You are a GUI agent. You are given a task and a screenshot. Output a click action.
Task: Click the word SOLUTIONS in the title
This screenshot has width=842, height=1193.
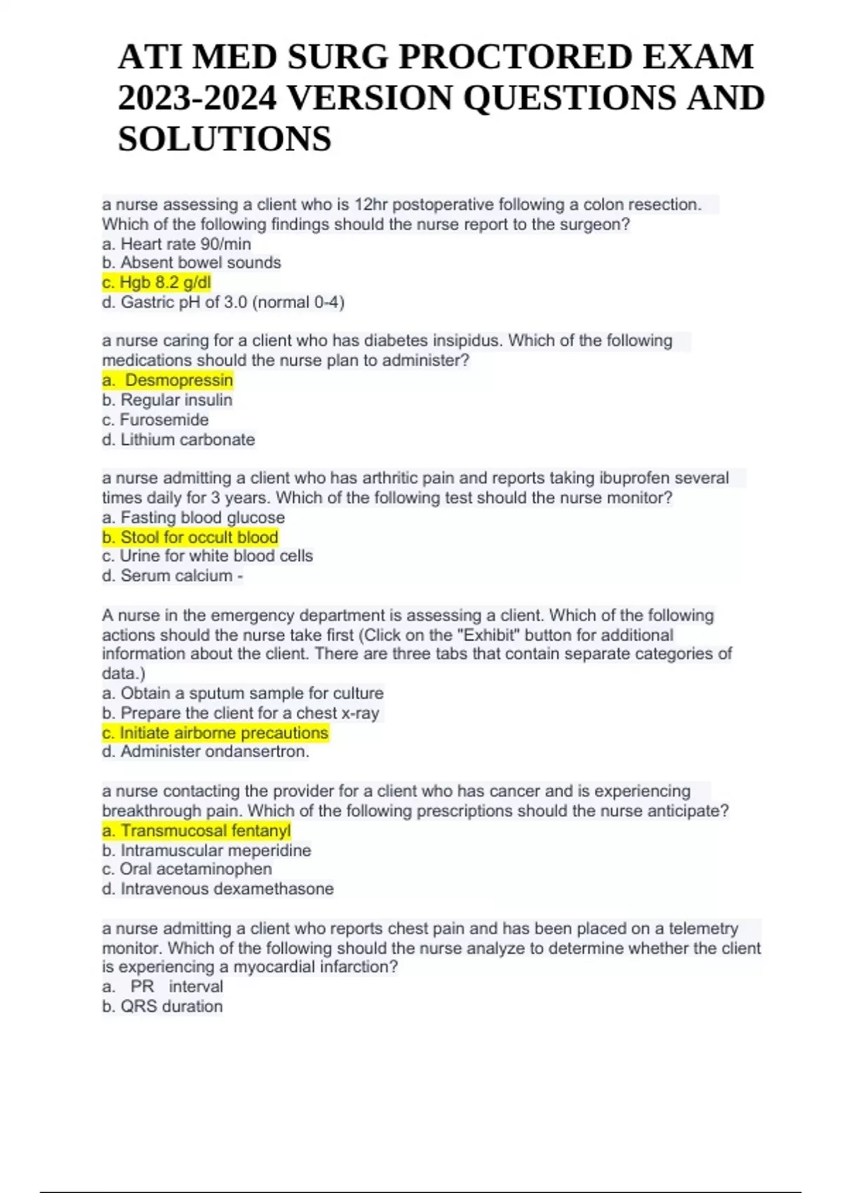225,138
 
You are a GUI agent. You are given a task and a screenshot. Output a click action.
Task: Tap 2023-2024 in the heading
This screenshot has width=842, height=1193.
197,98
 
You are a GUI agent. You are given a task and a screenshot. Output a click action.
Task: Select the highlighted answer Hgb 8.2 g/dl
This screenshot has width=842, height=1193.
156,282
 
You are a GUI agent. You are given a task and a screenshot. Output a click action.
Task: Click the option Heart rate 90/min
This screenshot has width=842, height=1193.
176,244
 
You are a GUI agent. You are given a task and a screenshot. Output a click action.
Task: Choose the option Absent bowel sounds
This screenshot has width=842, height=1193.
192,262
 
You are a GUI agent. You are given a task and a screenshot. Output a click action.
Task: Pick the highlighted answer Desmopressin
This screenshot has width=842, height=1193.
168,380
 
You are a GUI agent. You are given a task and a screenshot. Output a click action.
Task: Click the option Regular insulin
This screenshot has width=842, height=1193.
167,400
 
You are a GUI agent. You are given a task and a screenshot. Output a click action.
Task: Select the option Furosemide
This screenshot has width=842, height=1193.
155,420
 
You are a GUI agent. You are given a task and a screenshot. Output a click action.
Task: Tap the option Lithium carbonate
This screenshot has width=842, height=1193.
178,439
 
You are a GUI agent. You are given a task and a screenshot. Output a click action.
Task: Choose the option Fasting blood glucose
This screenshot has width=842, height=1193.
193,517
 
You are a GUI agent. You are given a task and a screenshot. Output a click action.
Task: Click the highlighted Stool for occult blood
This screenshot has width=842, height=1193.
190,537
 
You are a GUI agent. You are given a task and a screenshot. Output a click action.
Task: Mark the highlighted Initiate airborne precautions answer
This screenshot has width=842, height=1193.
215,733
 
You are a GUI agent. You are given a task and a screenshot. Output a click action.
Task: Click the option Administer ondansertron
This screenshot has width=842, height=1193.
206,752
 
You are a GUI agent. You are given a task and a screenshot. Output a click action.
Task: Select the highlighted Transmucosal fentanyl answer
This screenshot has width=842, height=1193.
196,831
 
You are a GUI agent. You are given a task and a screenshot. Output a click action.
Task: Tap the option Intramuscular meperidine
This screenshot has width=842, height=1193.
206,851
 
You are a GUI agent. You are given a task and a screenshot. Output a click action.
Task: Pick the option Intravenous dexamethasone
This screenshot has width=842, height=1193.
218,888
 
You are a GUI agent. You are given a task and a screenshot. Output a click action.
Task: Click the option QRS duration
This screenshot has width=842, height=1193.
162,1006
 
